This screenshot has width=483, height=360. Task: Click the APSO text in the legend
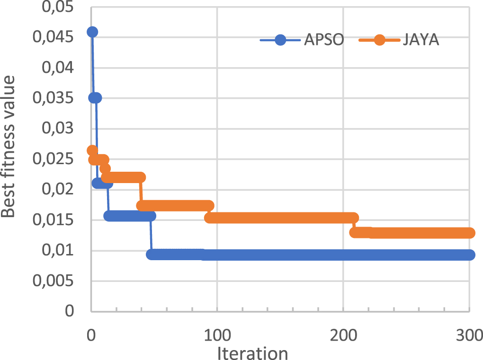[324, 40]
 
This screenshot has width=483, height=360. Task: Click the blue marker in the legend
[280, 40]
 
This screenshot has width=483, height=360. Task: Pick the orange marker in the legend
[379, 40]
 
